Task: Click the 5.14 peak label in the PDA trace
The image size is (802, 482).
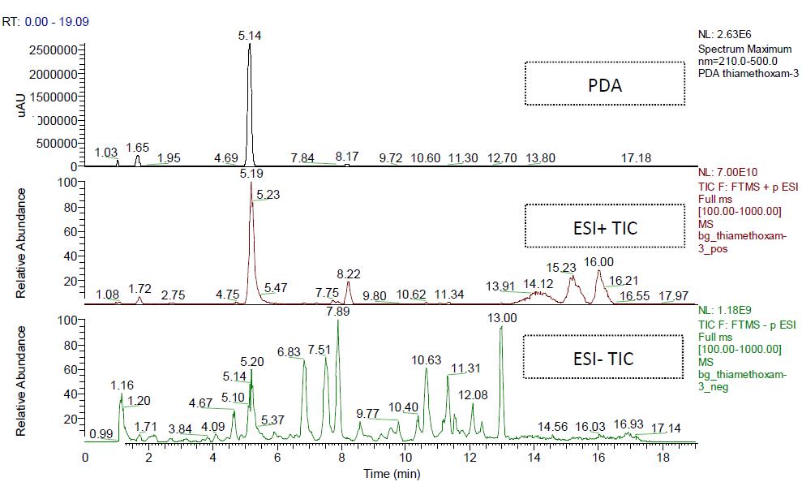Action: pyautogui.click(x=250, y=36)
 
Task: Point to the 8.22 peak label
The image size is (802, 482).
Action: pyautogui.click(x=349, y=275)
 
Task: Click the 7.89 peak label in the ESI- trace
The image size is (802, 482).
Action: pyautogui.click(x=337, y=311)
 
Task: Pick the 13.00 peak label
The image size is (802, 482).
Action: pyautogui.click(x=503, y=317)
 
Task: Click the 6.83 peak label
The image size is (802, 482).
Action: pyautogui.click(x=289, y=351)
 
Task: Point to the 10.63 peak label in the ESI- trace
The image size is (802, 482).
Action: pyautogui.click(x=427, y=359)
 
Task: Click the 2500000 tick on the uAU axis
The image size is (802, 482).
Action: pyautogui.click(x=50, y=50)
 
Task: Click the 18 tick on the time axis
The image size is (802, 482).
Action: pyautogui.click(x=663, y=457)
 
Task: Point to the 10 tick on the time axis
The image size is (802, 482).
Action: pyautogui.click(x=405, y=457)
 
